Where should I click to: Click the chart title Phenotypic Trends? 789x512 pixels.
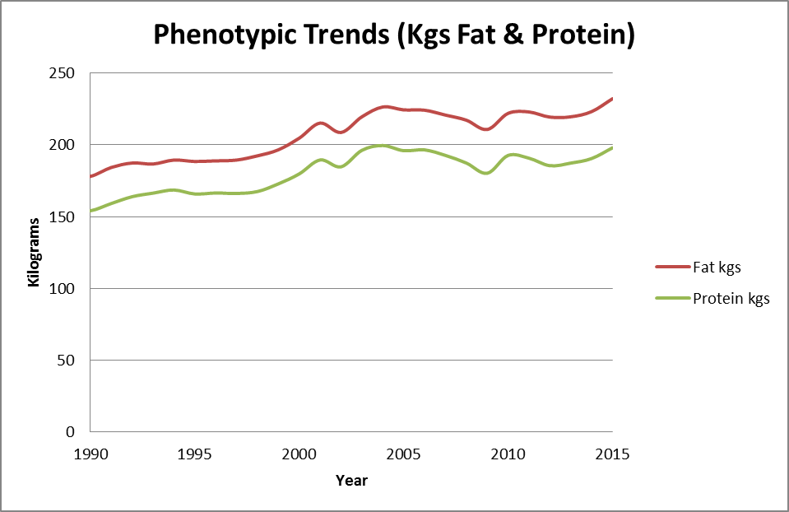(x=394, y=35)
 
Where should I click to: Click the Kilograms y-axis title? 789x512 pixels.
(x=34, y=252)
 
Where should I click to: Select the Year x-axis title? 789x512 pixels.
(x=351, y=480)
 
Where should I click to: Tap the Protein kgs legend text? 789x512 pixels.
(x=731, y=299)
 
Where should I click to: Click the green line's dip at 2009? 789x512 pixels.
(x=486, y=173)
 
